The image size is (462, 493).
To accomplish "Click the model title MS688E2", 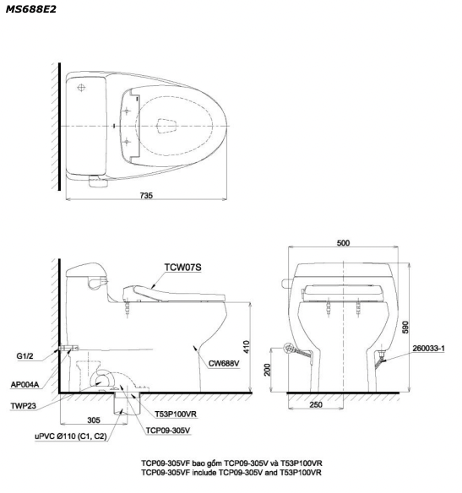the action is (30, 9).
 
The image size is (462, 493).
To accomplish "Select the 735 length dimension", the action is (146, 196).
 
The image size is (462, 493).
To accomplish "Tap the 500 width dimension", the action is (343, 243).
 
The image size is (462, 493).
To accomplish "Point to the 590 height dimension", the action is (405, 327).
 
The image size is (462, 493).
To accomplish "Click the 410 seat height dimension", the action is (247, 347).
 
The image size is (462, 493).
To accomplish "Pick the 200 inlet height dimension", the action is (267, 370).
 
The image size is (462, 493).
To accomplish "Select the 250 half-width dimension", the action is (316, 404).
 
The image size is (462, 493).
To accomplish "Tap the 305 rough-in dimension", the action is (94, 420).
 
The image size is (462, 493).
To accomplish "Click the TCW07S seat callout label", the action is (182, 268).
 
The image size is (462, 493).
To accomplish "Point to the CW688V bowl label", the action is (224, 364).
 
